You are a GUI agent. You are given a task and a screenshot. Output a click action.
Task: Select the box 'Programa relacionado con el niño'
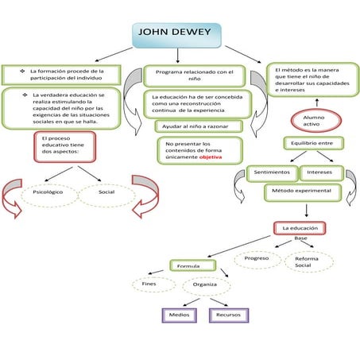pyautogui.click(x=195, y=75)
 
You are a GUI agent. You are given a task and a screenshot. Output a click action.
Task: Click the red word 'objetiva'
pyautogui.click(x=211, y=157)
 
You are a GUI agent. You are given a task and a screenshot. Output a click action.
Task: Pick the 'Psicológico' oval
pyautogui.click(x=47, y=192)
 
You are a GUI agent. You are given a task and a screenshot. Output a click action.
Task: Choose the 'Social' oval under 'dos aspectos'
pyautogui.click(x=106, y=192)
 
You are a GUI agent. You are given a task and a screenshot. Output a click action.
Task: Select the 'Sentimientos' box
pyautogui.click(x=270, y=172)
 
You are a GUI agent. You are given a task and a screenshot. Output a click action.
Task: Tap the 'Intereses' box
pyautogui.click(x=320, y=172)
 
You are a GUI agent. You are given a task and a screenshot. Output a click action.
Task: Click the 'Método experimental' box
pyautogui.click(x=303, y=192)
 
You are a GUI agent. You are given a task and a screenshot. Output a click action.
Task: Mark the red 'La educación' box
pyautogui.click(x=300, y=228)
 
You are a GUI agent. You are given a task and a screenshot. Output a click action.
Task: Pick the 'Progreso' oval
pyautogui.click(x=257, y=259)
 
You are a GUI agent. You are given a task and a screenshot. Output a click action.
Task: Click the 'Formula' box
pyautogui.click(x=188, y=265)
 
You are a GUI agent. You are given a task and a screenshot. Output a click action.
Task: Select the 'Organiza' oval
pyautogui.click(x=205, y=285)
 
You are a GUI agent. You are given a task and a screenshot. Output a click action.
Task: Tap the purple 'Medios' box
pyautogui.click(x=178, y=315)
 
